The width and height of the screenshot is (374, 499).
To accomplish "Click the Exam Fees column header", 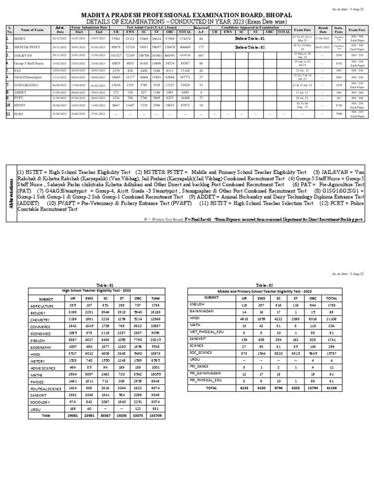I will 356,30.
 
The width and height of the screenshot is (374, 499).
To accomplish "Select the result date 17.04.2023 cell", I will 323,38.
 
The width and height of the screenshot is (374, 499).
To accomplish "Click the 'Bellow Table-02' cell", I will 250,47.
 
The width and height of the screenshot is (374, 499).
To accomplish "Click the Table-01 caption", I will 104,285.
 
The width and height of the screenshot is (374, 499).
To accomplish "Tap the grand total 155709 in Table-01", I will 155,416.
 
